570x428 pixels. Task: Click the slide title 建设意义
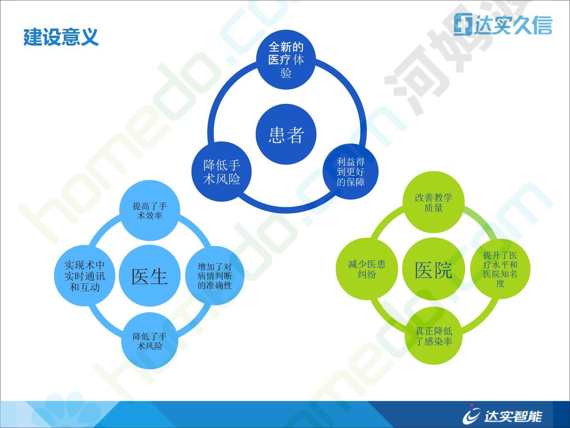(x=61, y=37)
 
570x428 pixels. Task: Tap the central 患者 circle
(x=286, y=134)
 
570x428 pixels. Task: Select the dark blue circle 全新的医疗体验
(x=286, y=59)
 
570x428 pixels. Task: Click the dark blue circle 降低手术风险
(x=222, y=172)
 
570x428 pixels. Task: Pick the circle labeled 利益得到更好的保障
(x=351, y=172)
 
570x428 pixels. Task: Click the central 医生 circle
(x=150, y=275)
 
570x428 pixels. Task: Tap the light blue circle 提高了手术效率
(x=150, y=210)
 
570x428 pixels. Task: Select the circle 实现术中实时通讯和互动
(x=85, y=276)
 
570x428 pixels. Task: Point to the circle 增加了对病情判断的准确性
(x=215, y=276)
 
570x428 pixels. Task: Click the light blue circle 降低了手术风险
(x=150, y=341)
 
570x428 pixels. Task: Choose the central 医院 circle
(x=433, y=269)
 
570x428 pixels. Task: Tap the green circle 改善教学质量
(x=433, y=202)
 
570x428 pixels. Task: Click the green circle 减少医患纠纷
(x=367, y=269)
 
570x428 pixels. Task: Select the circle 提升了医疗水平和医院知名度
(x=500, y=269)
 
